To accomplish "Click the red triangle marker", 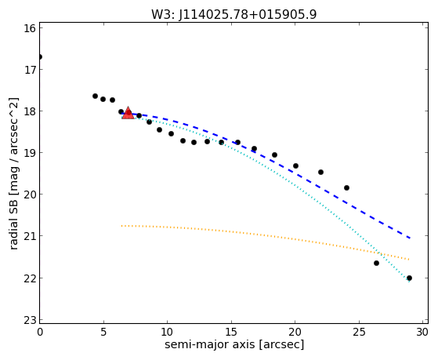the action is [x=128, y=113].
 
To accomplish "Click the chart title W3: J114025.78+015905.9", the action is [x=233, y=15].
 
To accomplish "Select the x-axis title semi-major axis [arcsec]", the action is [x=234, y=344].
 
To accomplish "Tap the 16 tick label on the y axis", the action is [x=30, y=28].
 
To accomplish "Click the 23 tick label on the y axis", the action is [x=30, y=320].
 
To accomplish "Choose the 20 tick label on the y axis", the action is [x=30, y=195].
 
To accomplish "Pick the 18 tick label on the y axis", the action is [x=30, y=111].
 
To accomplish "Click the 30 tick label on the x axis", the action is [x=422, y=332].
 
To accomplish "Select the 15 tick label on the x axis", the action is [x=231, y=332].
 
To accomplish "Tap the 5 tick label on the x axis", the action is [x=103, y=332].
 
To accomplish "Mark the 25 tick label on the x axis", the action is [x=359, y=332].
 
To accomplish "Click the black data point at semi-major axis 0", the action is [x=40, y=57].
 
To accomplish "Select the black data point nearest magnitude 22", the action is [x=409, y=278].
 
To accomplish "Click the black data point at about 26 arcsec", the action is [x=376, y=264].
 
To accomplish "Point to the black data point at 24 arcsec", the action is [x=346, y=187].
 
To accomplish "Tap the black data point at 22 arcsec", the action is [x=320, y=172].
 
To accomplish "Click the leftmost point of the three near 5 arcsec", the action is [x=95, y=96].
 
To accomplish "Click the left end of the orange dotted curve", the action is [x=121, y=225].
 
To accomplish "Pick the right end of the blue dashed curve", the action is [x=410, y=238].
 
